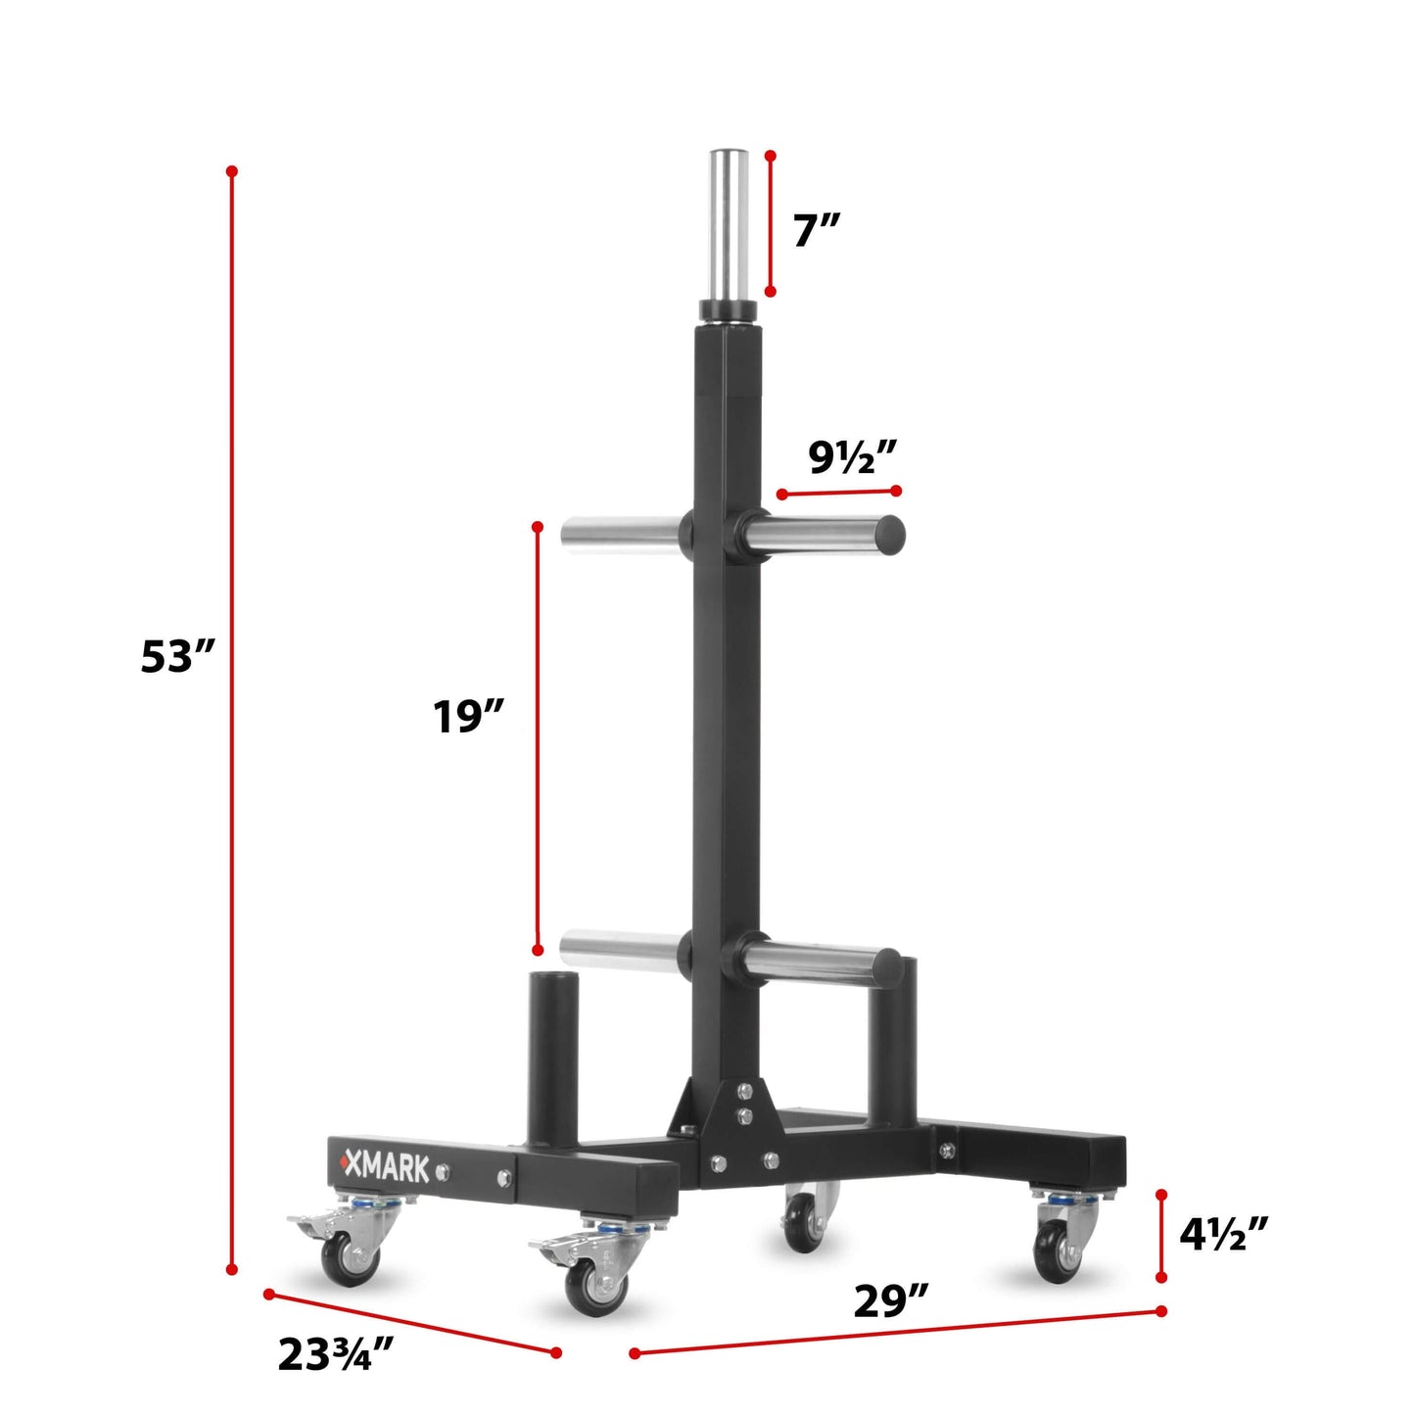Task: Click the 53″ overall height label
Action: (x=176, y=656)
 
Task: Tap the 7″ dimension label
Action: (x=816, y=231)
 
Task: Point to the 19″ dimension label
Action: (x=468, y=717)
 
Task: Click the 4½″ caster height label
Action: (x=1223, y=1234)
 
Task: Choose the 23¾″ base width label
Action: (x=335, y=1354)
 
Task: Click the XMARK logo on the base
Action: (x=384, y=1167)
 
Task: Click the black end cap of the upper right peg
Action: (x=889, y=533)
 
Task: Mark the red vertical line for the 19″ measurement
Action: (x=538, y=739)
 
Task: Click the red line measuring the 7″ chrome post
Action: (x=771, y=223)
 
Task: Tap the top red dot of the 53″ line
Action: (x=232, y=171)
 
